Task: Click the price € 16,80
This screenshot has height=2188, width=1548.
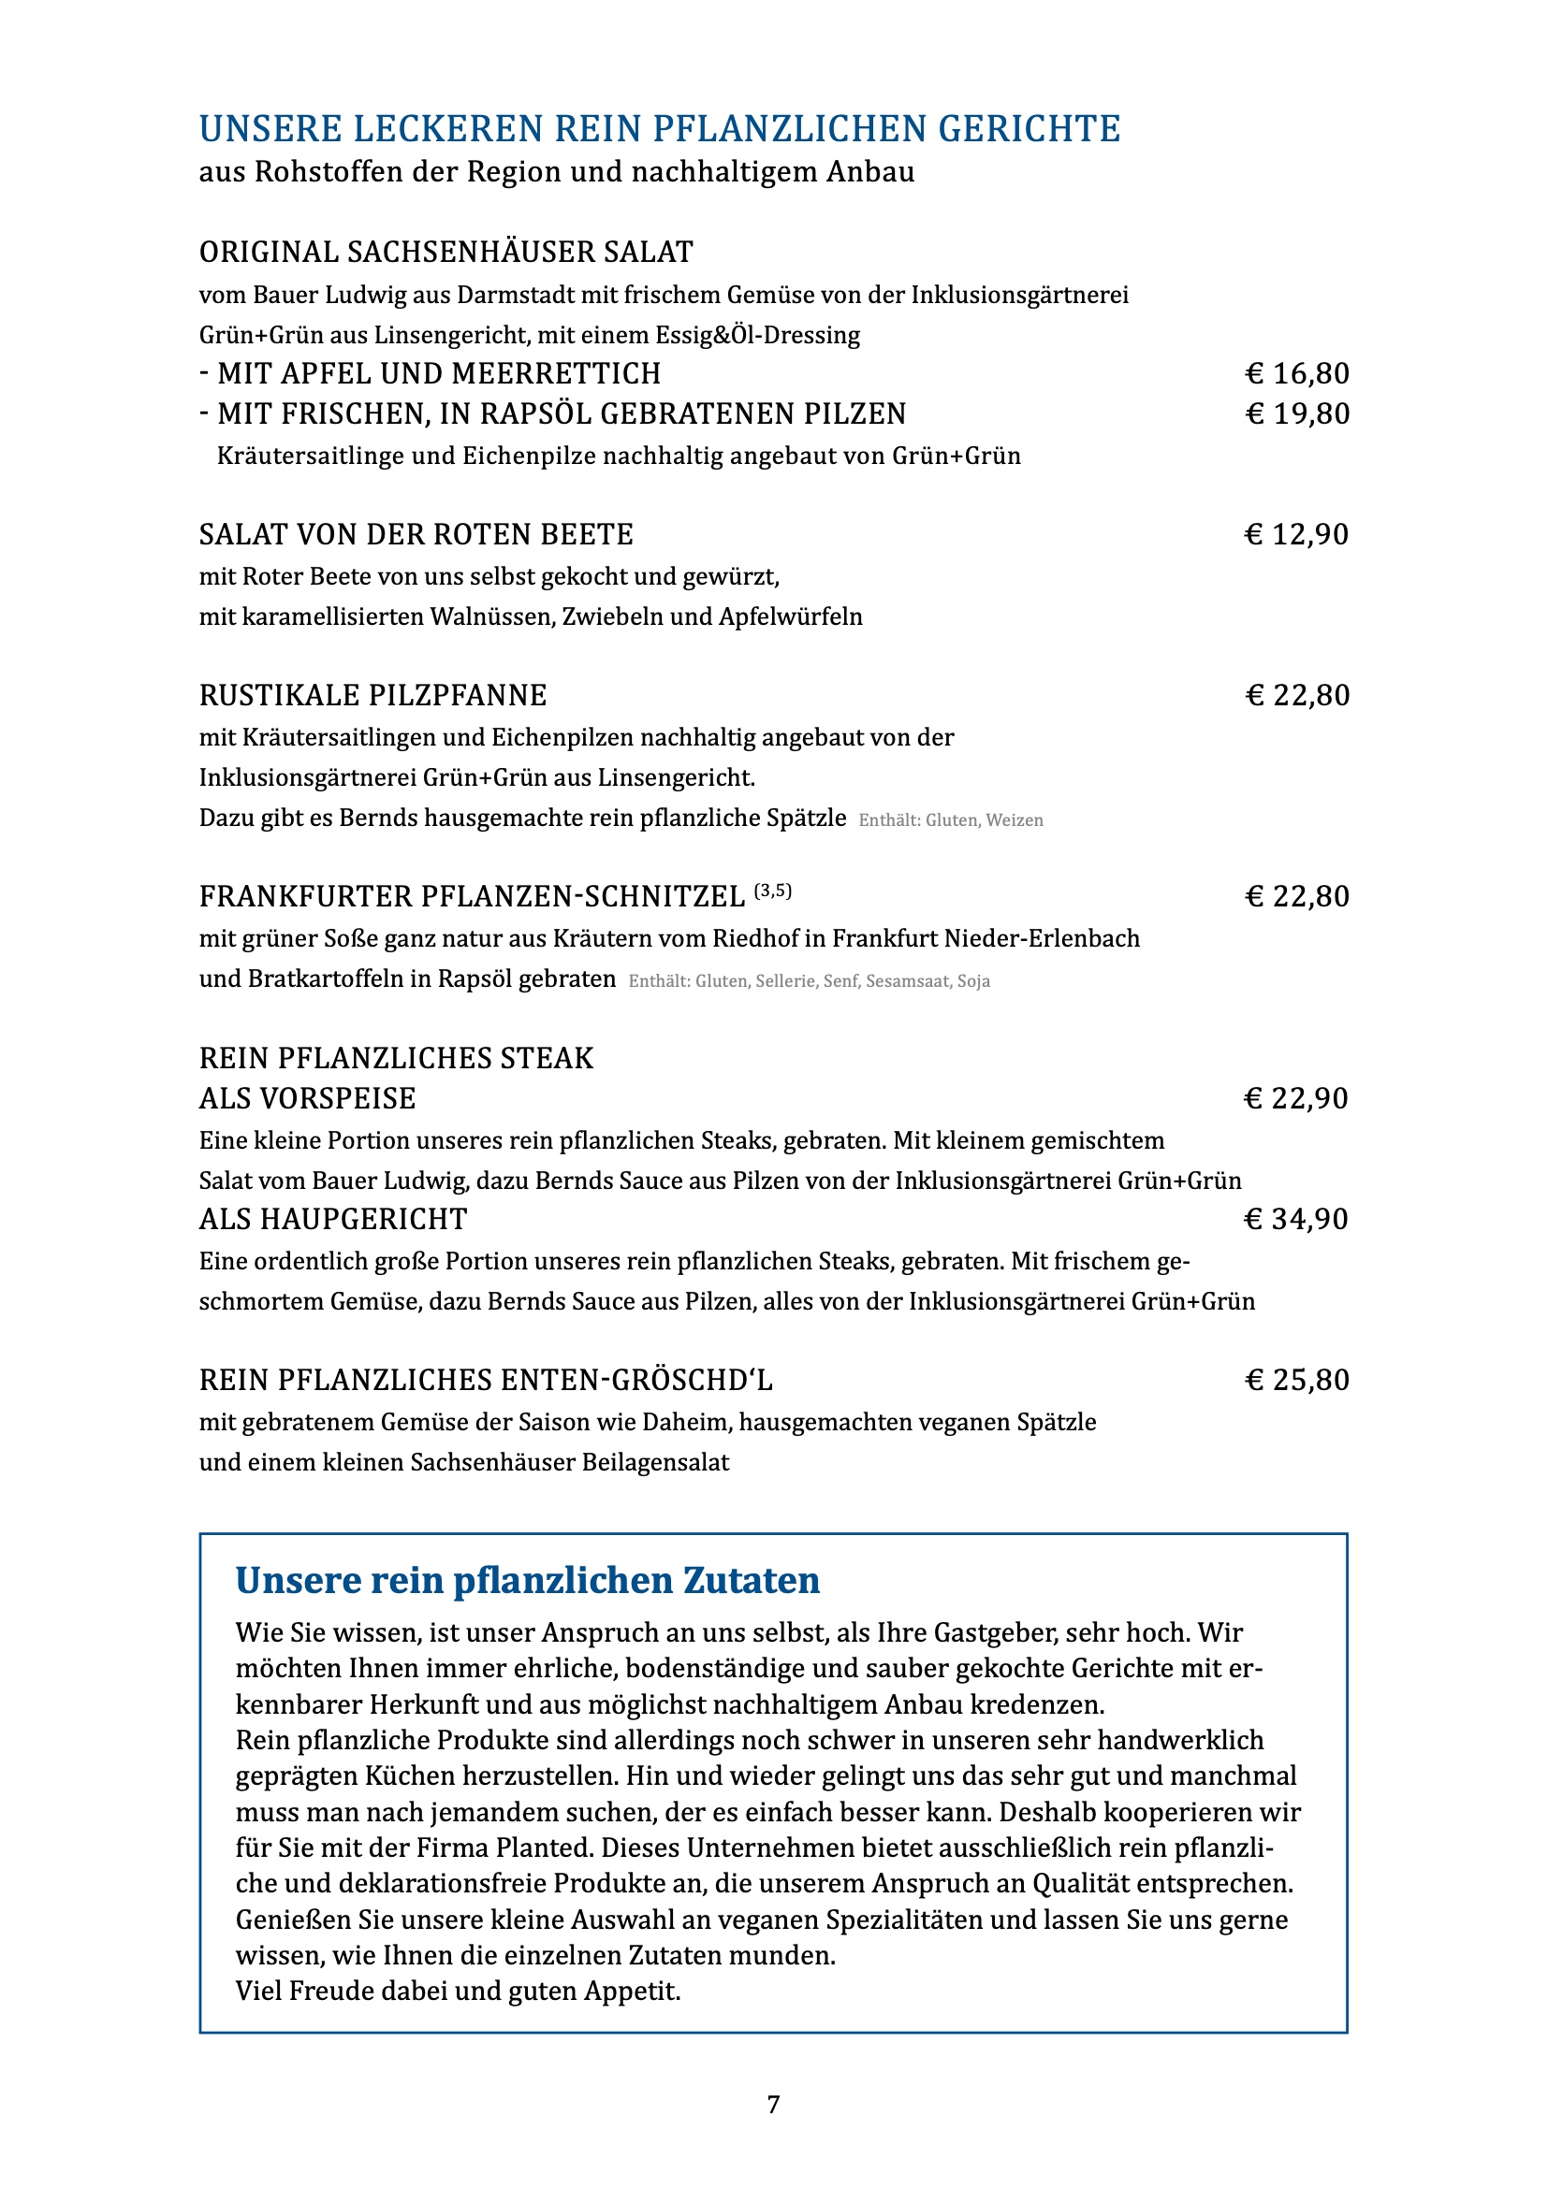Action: (1297, 373)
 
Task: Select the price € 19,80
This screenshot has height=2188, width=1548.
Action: (1297, 413)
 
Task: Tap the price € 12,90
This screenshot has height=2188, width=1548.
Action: (1296, 535)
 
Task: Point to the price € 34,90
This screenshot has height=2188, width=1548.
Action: (1296, 1219)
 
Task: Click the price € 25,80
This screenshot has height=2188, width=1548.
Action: (1297, 1380)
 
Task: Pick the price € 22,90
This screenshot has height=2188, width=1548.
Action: (1296, 1099)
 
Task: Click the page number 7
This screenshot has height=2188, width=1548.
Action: (773, 2104)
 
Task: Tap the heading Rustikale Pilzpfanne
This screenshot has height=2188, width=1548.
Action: (372, 696)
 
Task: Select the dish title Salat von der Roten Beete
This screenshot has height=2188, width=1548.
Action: (416, 535)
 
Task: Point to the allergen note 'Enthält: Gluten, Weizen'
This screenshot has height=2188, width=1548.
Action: (950, 820)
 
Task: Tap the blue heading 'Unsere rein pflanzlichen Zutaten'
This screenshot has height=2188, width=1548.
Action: (527, 1580)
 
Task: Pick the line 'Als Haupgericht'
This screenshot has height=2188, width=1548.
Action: (332, 1219)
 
